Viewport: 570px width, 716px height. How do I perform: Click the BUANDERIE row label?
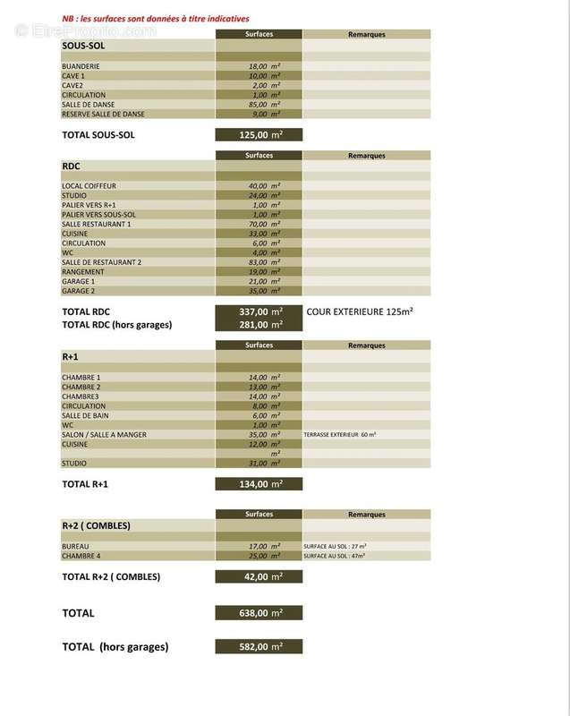(80, 66)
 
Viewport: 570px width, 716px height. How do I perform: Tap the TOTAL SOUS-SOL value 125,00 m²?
(259, 135)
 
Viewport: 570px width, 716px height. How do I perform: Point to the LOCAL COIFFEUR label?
(89, 185)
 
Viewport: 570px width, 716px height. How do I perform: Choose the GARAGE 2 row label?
(79, 291)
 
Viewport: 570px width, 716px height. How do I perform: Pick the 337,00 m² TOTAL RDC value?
(259, 311)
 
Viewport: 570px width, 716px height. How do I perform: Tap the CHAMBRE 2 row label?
(81, 387)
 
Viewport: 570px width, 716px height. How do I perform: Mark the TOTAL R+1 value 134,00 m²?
(259, 484)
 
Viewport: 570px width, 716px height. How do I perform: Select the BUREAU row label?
(76, 546)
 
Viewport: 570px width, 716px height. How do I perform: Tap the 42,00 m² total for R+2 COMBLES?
(259, 577)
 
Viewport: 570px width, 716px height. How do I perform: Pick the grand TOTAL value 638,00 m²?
(259, 613)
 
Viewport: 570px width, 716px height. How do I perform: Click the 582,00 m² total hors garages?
(259, 646)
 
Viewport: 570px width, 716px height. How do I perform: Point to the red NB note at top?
(156, 18)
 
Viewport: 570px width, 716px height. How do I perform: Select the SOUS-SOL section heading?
(84, 44)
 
